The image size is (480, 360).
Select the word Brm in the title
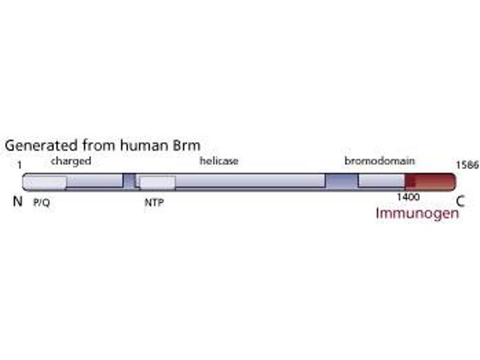tap(186, 146)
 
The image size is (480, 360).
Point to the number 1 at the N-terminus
tap(20, 164)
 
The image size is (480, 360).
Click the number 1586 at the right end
tap(467, 164)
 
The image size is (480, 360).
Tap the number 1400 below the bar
tap(407, 196)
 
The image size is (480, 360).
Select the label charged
tap(71, 161)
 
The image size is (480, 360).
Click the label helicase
tap(219, 161)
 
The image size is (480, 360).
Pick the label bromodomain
tap(380, 161)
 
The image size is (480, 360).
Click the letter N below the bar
tap(18, 202)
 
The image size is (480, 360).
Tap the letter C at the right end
tap(460, 202)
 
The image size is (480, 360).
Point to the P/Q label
tap(41, 203)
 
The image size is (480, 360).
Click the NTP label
tap(154, 203)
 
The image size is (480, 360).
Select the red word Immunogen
tap(418, 213)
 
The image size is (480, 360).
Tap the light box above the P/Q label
tap(45, 181)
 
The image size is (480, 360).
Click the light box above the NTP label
tap(157, 181)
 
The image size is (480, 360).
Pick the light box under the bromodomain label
tap(382, 181)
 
